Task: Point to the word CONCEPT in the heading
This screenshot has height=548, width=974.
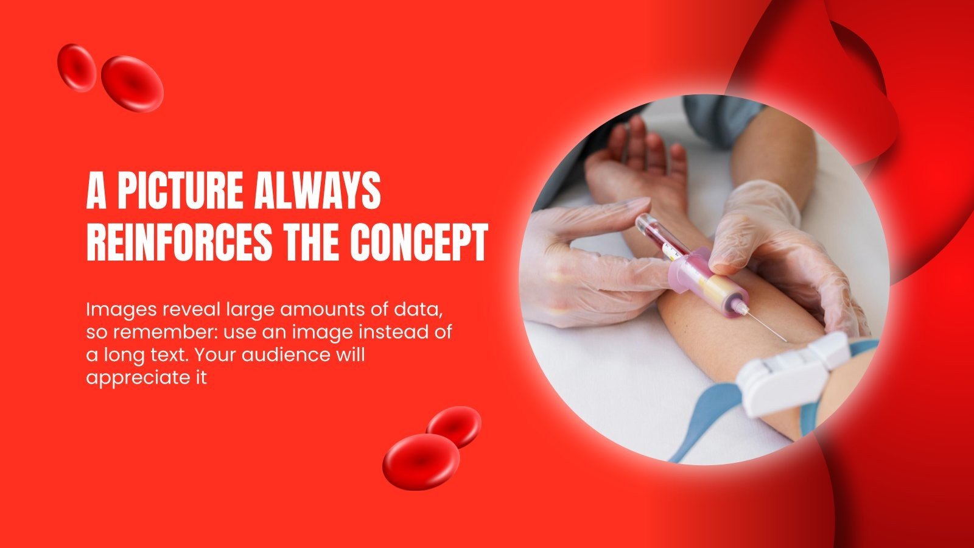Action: tap(419, 243)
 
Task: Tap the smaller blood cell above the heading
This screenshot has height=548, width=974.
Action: tap(77, 66)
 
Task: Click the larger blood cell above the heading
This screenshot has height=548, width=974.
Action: tap(132, 83)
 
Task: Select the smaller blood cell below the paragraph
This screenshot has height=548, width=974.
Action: tap(454, 426)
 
